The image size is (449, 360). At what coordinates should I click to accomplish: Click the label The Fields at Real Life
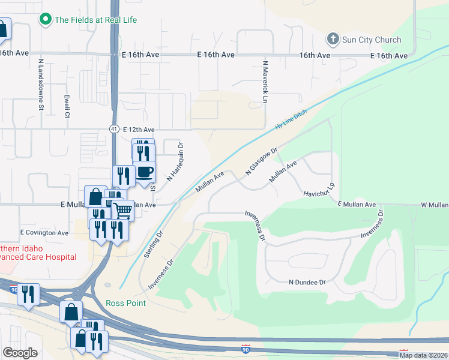coord(95,20)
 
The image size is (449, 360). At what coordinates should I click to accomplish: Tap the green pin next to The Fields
coord(44,20)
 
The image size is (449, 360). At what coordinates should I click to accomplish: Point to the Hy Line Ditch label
coord(291,119)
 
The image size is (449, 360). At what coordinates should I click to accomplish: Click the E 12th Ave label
coord(139,130)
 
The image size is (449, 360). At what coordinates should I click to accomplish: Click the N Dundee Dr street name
coord(307,282)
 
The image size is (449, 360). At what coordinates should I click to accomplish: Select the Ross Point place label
coord(126,303)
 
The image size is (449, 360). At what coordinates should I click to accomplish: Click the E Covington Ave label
coord(44,233)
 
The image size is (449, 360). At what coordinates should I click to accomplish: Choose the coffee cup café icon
coord(144,172)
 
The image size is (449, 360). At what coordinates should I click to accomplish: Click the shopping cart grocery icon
coord(122,210)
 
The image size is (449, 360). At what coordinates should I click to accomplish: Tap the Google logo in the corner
coord(20,353)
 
